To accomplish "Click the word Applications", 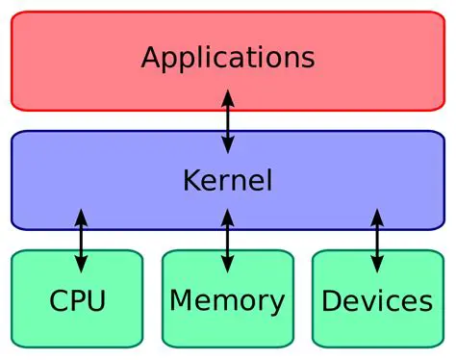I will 227,57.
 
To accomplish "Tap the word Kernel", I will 227,180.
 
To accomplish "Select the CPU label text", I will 77,301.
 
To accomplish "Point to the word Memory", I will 227,300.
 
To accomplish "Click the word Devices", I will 376,301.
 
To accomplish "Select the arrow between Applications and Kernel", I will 227,120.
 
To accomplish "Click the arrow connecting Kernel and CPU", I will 80,240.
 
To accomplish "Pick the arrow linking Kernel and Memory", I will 227,240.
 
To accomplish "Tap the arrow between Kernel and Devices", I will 376,240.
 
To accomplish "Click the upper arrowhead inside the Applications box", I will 227,94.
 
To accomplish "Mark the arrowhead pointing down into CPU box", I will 80,265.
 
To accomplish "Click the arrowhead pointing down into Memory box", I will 227,265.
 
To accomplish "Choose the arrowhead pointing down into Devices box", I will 376,265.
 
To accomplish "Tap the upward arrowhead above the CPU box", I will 80,215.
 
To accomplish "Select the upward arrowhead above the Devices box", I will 376,215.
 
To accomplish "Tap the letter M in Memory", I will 182,300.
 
